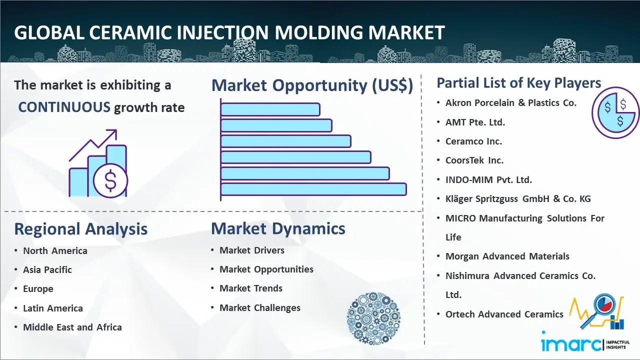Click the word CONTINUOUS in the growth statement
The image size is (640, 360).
point(64,107)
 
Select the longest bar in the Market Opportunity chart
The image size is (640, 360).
point(313,189)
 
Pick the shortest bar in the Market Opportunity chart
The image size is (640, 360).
point(270,109)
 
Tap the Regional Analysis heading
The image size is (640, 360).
point(81,229)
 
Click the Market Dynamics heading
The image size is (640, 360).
point(278,228)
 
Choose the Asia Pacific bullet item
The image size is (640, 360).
point(47,269)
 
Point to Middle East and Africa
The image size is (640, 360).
point(72,327)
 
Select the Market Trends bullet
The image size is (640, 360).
point(251,288)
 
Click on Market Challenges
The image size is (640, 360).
point(259,307)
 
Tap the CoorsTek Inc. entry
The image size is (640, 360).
point(474,160)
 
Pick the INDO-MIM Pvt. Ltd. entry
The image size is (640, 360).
point(488,179)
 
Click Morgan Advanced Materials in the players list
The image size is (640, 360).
point(507,256)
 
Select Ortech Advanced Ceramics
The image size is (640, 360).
point(504,314)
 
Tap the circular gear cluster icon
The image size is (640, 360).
point(373,318)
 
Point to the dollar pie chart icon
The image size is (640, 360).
point(615,112)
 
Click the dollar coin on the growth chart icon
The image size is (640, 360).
point(110,180)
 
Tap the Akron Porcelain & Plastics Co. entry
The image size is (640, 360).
point(511,103)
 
